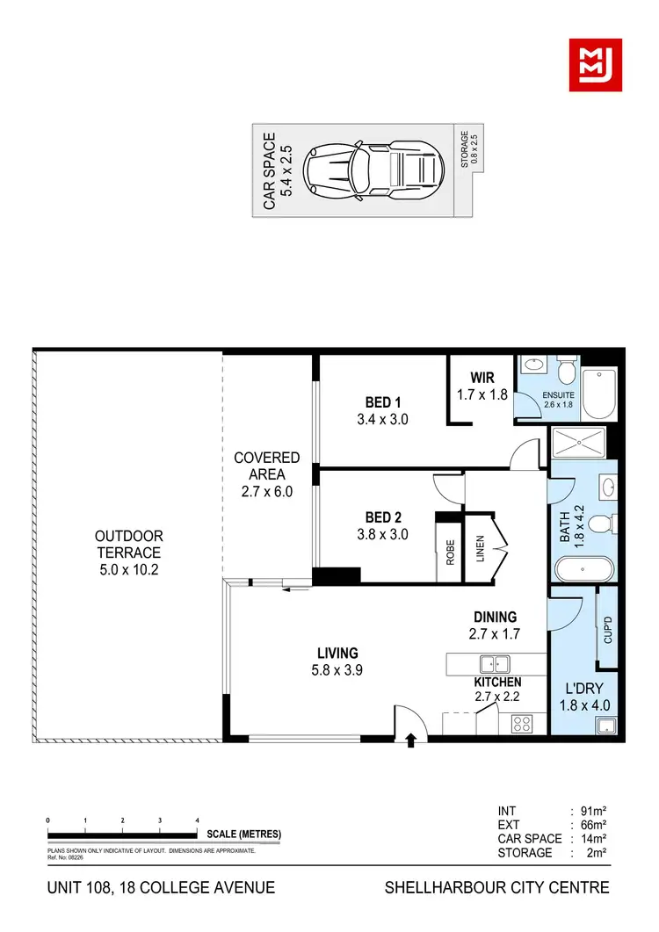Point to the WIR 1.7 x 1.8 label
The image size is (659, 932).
coord(482,387)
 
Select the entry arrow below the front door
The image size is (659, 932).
coord(411,742)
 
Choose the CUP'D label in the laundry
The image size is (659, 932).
coord(606,629)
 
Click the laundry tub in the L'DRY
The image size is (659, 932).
coord(605,725)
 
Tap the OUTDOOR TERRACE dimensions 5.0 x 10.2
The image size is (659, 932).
coord(129,570)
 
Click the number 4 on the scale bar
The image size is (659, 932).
coord(197,820)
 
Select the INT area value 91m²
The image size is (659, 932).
coord(585,811)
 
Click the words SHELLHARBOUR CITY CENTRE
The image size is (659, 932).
coord(496,887)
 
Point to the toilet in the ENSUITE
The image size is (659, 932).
coord(565,368)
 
